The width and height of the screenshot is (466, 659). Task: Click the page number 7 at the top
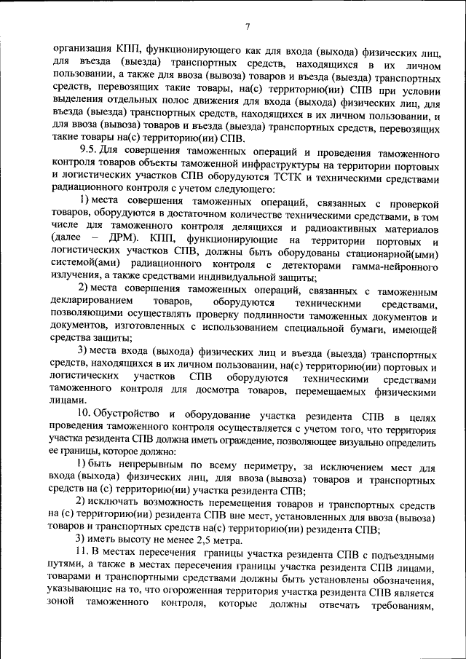[248, 27]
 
